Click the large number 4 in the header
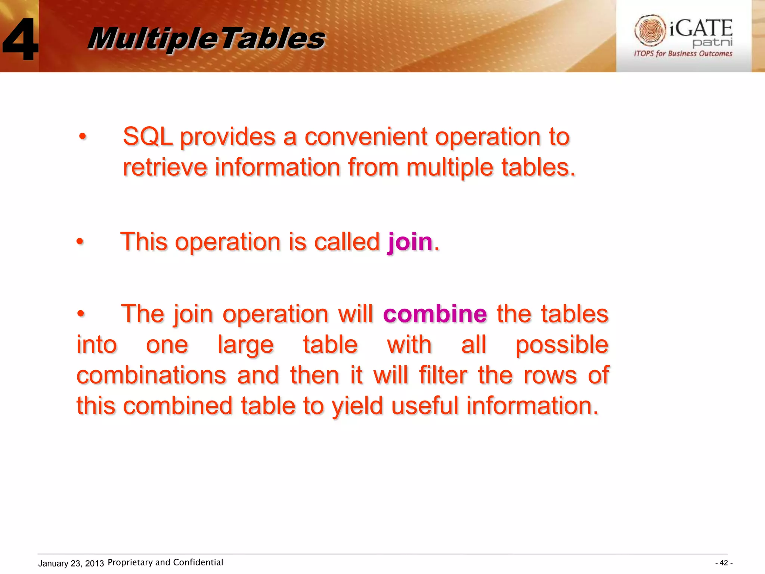tap(21, 39)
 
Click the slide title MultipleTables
tap(206, 38)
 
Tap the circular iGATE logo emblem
tap(650, 30)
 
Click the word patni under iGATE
tap(712, 42)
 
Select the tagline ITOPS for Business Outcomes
tap(683, 53)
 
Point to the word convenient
tap(365, 136)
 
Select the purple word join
tap(410, 242)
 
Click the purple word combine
tap(435, 314)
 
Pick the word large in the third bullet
tap(245, 345)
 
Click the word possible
tap(562, 345)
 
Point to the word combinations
tap(151, 375)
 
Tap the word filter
tap(443, 375)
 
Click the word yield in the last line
tap(357, 406)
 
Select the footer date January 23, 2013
tap(71, 563)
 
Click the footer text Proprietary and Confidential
tap(165, 562)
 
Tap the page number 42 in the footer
tap(724, 563)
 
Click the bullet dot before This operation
tap(80, 242)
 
